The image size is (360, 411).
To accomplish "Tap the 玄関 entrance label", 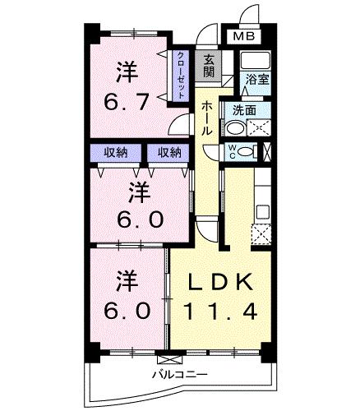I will (x=209, y=65).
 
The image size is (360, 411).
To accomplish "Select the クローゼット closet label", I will (x=180, y=75).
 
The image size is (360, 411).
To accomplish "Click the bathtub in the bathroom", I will (x=256, y=61).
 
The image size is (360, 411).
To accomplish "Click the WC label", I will (x=232, y=150).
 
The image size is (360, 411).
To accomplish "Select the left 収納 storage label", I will (x=114, y=152).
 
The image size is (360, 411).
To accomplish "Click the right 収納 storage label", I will (x=169, y=152).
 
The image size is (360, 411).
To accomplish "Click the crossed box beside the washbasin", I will (x=259, y=128).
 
